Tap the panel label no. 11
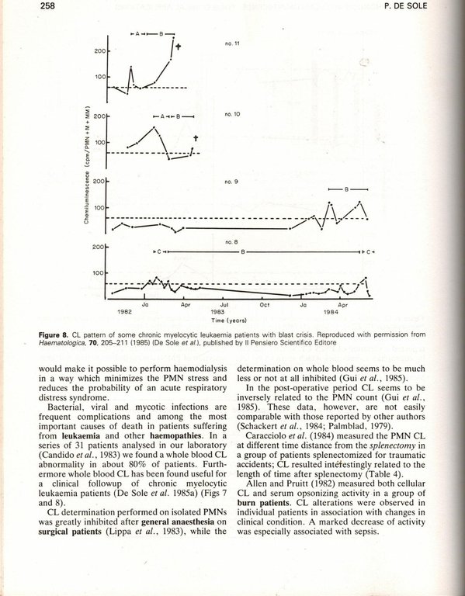231,43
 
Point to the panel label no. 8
231,242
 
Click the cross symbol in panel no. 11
178,47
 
